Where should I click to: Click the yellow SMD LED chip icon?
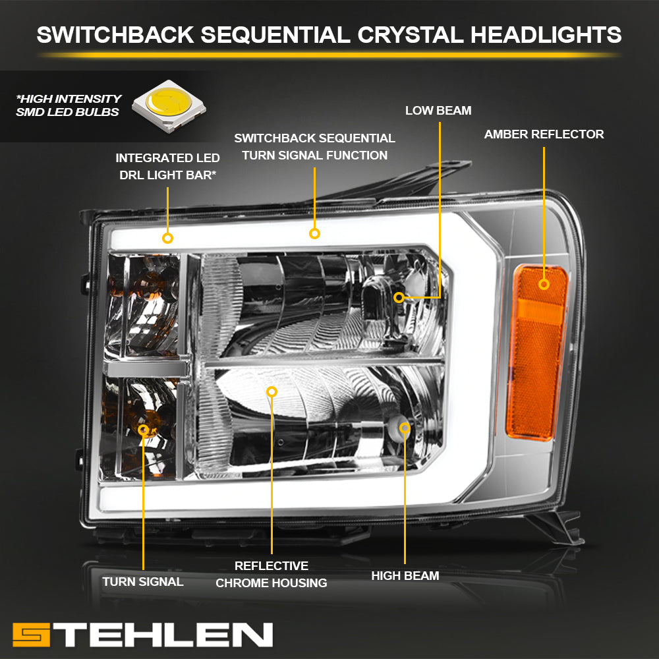(169, 106)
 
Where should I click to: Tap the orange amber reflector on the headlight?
(536, 353)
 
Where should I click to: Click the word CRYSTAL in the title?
(410, 34)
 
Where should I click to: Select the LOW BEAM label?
(438, 111)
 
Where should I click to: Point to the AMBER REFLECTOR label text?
(544, 134)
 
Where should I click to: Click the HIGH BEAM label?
(405, 576)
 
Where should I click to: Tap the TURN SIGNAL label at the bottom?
(143, 582)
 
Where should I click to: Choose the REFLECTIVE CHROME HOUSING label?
(272, 575)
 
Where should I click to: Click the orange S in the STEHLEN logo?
(31, 635)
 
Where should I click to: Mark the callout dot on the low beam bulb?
(399, 298)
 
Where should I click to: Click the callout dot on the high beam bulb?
(405, 428)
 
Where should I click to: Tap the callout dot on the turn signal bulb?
(143, 430)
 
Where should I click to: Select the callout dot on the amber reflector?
(544, 285)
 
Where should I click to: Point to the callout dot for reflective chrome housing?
(272, 391)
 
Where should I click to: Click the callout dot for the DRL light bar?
(167, 239)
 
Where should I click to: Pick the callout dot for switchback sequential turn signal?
(314, 234)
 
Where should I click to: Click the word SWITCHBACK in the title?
(115, 34)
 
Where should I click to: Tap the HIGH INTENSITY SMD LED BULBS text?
(69, 105)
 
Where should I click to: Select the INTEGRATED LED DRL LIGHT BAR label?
(167, 167)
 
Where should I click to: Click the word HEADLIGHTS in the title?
(546, 34)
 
